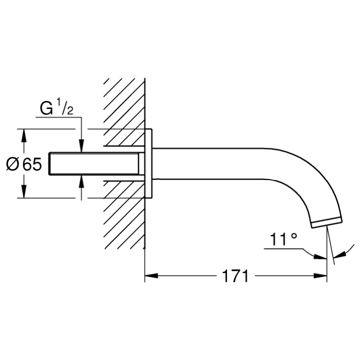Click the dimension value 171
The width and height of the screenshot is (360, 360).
pos(235,276)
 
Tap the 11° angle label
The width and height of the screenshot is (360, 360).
pos(283,239)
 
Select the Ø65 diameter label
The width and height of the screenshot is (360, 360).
pos(24,164)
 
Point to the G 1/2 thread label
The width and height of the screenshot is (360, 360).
pos(56,108)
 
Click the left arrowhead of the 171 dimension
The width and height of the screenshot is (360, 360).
pos(151,276)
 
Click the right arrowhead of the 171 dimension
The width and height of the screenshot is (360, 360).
pos(320,276)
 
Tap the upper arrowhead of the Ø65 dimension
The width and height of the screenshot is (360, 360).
pos(24,135)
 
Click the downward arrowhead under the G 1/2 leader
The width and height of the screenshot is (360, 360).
pos(81,145)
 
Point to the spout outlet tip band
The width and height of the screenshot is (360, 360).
pos(327,222)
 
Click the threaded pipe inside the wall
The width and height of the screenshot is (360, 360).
pos(94,164)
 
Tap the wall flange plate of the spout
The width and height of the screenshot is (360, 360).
pos(149,163)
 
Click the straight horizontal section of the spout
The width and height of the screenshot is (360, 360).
pos(209,163)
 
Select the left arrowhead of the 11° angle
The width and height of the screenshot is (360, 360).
pos(320,256)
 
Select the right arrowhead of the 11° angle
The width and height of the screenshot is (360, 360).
pos(340,255)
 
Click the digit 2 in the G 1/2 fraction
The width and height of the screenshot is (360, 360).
pos(70,111)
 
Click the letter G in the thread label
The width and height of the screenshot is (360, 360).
pos(46,108)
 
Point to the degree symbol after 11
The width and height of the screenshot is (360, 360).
pos(294,236)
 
